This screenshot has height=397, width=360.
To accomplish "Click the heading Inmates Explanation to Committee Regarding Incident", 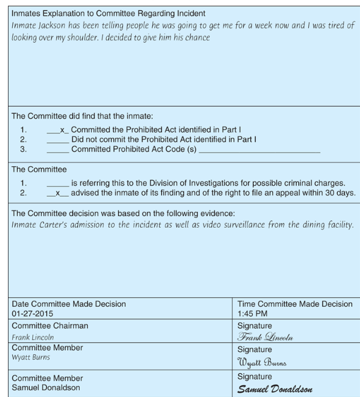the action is click(x=108, y=13).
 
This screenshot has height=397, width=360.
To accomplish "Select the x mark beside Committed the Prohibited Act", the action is click(x=62, y=130).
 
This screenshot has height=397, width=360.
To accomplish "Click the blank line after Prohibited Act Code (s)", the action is click(x=259, y=149).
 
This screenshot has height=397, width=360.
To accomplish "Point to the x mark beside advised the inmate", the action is click(x=58, y=193).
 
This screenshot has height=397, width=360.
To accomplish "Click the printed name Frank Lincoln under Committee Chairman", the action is click(x=32, y=337).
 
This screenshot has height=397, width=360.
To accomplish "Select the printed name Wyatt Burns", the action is click(x=31, y=357).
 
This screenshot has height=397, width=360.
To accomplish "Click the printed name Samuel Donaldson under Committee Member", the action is click(x=46, y=388).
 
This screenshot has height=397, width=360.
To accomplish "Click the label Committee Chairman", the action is click(x=50, y=326).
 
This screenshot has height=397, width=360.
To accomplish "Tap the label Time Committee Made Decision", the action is click(x=294, y=304).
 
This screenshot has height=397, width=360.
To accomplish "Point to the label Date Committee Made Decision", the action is click(x=69, y=304).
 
